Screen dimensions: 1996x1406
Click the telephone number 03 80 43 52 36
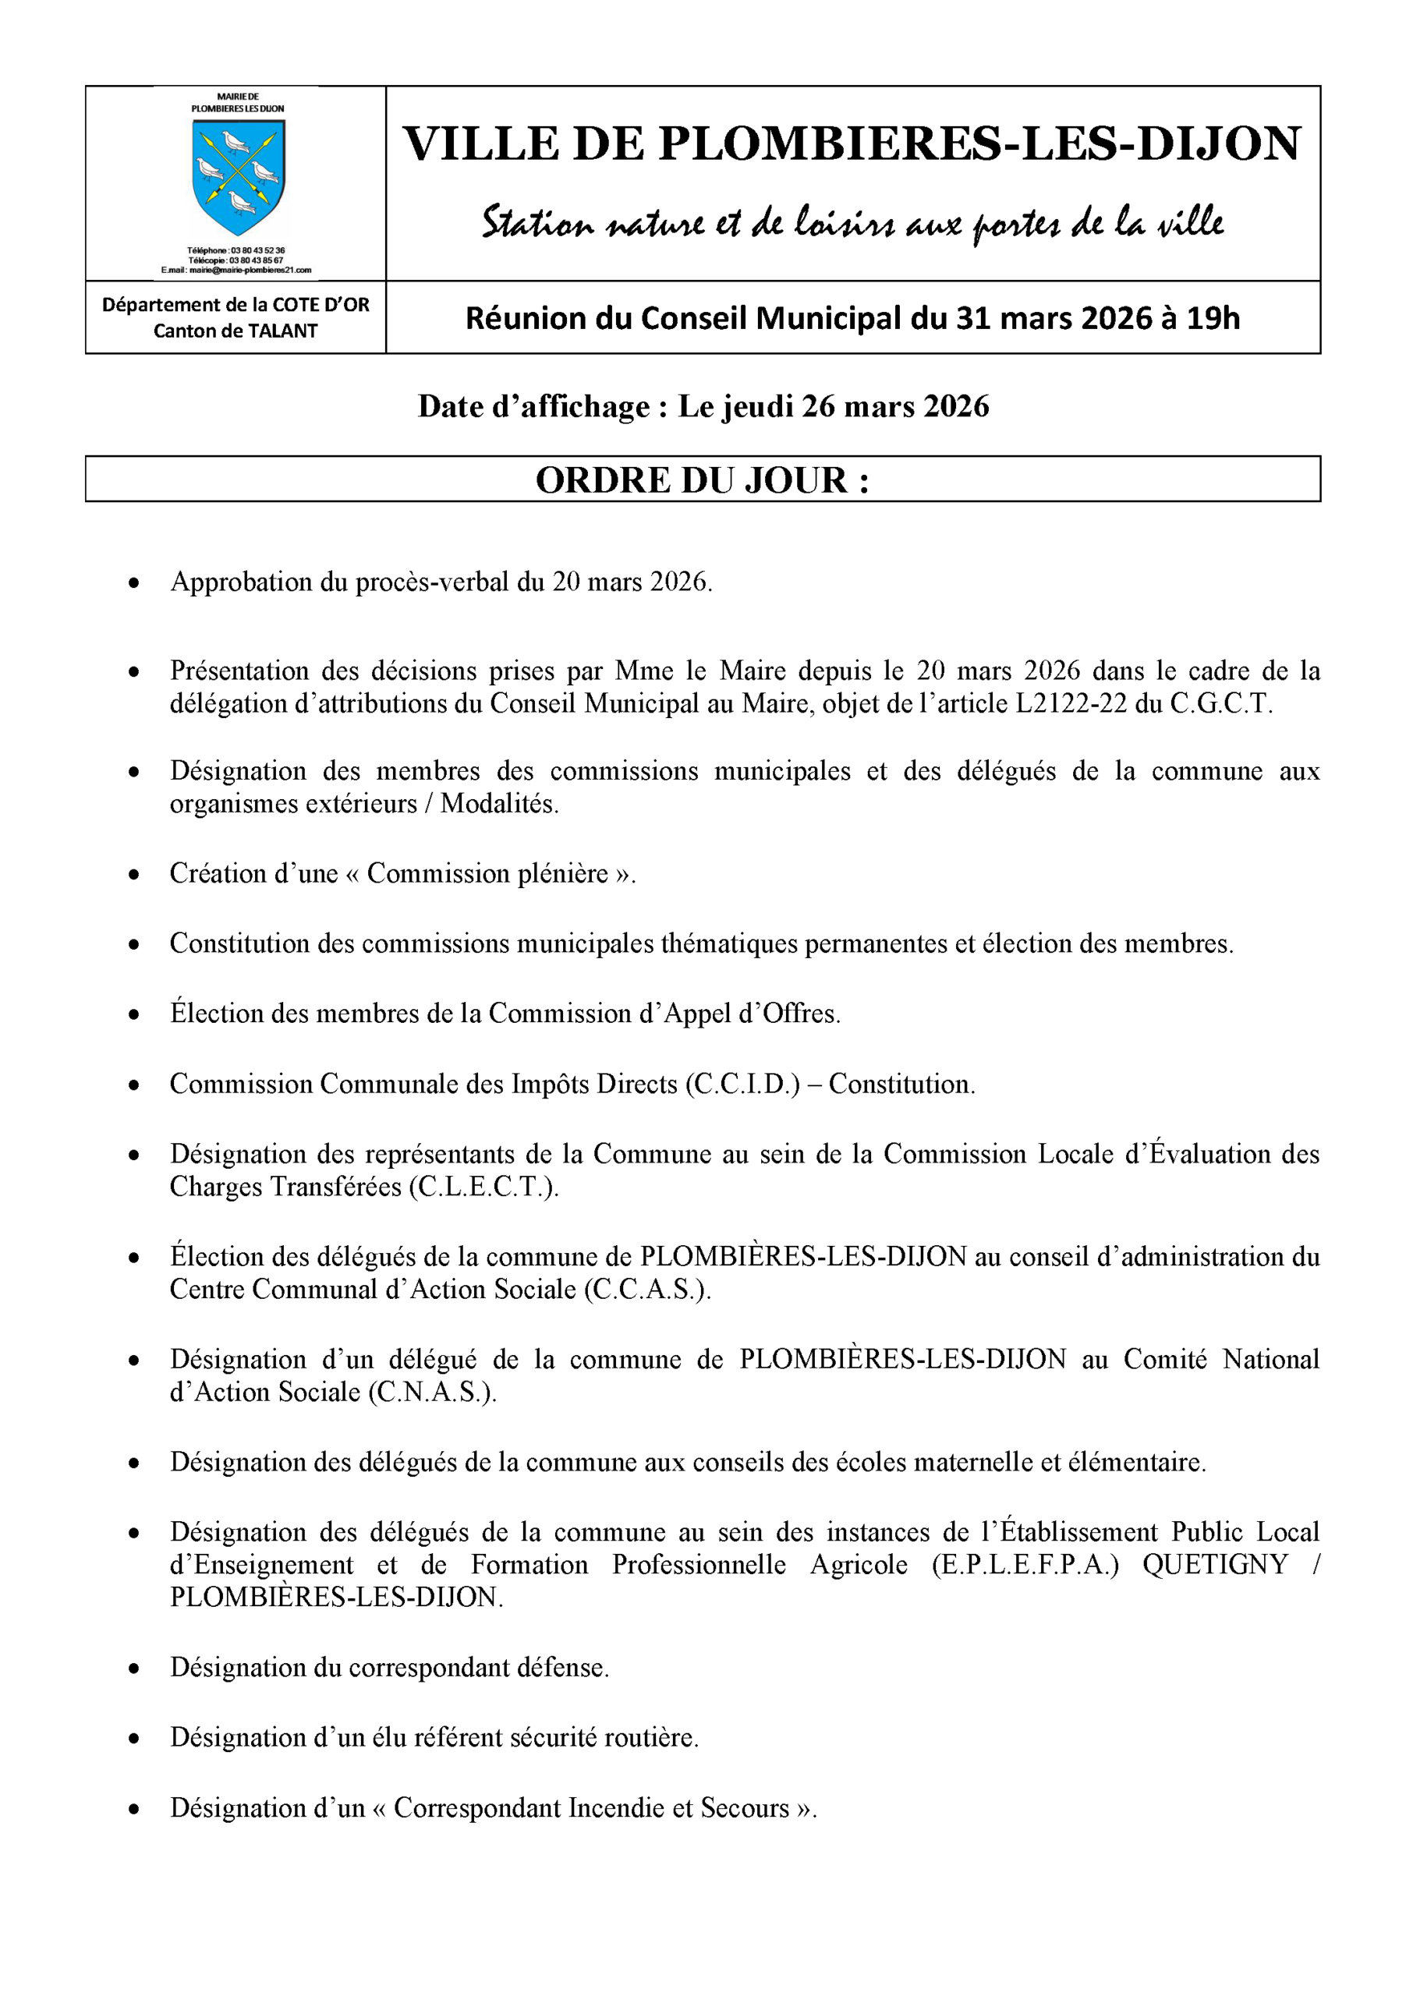click(x=257, y=250)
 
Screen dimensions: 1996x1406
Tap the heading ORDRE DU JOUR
click(x=702, y=480)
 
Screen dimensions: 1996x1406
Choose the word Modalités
click(x=499, y=803)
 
